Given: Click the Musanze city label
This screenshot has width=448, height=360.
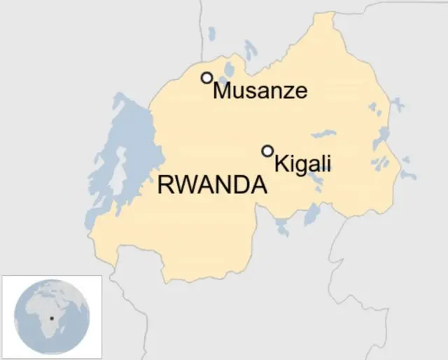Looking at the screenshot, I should click(260, 90).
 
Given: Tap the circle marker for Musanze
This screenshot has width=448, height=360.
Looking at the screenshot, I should click(206, 78).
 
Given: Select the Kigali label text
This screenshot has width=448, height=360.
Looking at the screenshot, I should click(302, 164).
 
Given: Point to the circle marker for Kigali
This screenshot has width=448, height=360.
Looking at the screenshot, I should click(267, 151).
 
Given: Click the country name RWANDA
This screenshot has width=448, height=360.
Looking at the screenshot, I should click(213, 186).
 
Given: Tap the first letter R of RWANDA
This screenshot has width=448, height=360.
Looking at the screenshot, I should click(166, 186).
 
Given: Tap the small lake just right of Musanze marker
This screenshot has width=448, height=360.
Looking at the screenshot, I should click(228, 71).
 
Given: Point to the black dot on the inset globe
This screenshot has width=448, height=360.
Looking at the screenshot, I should click(51, 319).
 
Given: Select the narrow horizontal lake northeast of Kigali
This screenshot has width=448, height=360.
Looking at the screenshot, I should click(323, 133).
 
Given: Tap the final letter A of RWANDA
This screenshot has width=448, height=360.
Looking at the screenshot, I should click(258, 186).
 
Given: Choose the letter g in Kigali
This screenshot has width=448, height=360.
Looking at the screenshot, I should click(302, 166).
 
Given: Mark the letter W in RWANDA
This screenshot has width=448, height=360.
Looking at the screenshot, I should click(185, 186).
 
